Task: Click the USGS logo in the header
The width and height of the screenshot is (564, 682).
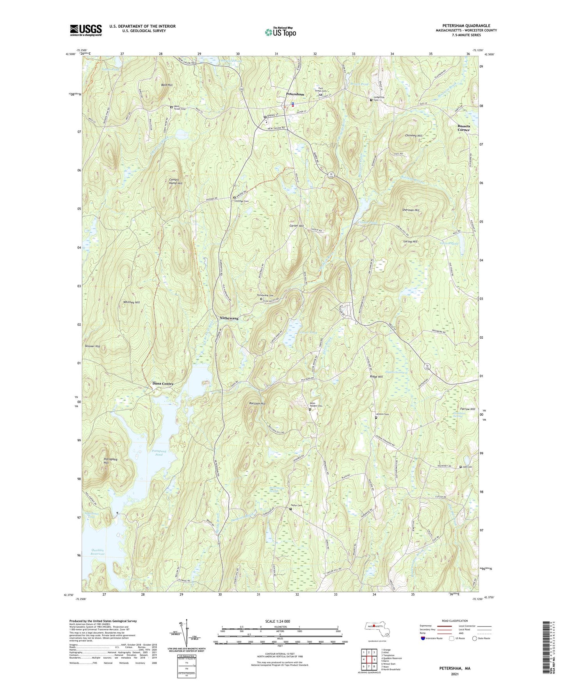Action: (x=85, y=30)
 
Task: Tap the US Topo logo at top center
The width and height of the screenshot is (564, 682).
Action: (x=280, y=32)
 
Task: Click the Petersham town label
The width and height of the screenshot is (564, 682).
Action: (x=295, y=94)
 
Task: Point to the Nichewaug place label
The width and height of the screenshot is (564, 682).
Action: (x=229, y=318)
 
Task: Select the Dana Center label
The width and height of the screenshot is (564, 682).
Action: (x=162, y=384)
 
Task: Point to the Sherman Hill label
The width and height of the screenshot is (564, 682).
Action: (x=411, y=210)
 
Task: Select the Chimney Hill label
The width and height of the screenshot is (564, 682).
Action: (x=414, y=136)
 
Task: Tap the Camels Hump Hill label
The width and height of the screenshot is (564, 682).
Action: (x=176, y=181)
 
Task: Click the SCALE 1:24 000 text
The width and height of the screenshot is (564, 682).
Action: (x=277, y=621)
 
